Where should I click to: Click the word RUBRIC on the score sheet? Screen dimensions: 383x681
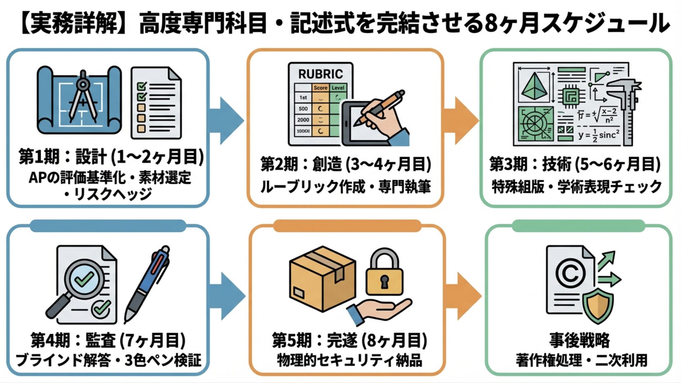point(320,74)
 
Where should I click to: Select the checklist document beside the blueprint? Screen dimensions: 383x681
point(156,103)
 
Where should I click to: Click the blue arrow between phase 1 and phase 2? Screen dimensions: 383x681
point(226,120)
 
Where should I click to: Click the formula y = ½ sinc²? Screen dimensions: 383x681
point(599,135)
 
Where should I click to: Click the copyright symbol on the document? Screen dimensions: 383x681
point(570,273)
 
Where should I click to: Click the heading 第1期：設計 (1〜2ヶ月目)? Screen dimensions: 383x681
point(111,157)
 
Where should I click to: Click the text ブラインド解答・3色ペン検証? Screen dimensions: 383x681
point(108,360)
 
